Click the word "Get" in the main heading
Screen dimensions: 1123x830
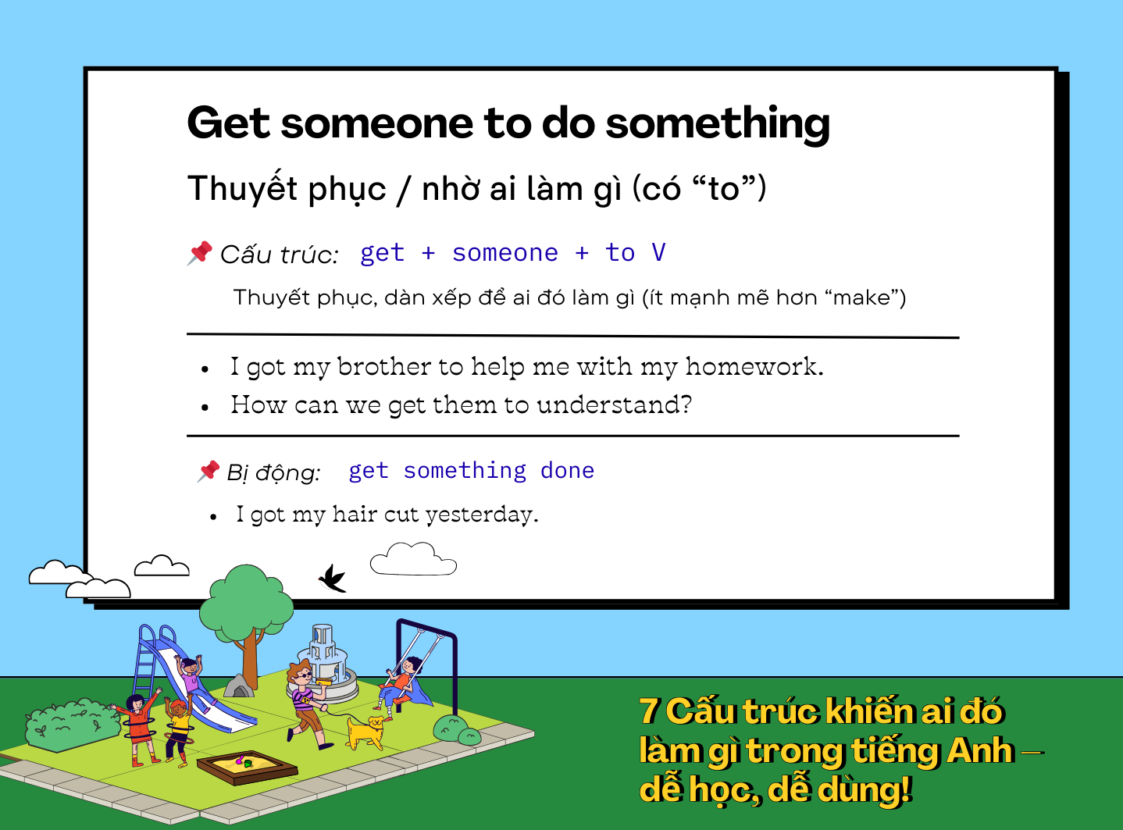click(x=228, y=123)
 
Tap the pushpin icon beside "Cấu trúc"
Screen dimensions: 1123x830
click(x=200, y=253)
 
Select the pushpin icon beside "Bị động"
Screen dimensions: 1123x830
click(x=208, y=472)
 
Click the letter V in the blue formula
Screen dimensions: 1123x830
click(x=658, y=252)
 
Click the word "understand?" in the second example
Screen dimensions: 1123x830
click(x=614, y=404)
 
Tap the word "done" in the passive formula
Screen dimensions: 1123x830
click(x=567, y=471)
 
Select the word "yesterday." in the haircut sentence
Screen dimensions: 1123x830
click(x=482, y=515)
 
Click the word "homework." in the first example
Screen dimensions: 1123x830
click(x=754, y=366)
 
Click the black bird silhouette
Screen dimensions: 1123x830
click(x=333, y=579)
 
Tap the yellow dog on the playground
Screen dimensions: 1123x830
click(x=365, y=732)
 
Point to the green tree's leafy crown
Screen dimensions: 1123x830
click(x=247, y=600)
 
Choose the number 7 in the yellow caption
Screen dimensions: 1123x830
click(x=649, y=711)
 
